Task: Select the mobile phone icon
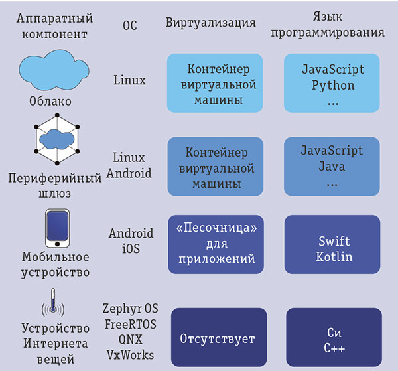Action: point(57,228)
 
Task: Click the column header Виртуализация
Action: point(210,23)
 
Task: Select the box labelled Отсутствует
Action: point(218,339)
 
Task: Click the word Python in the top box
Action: point(333,85)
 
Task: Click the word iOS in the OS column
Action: point(130,248)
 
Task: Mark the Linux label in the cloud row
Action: point(129,80)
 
